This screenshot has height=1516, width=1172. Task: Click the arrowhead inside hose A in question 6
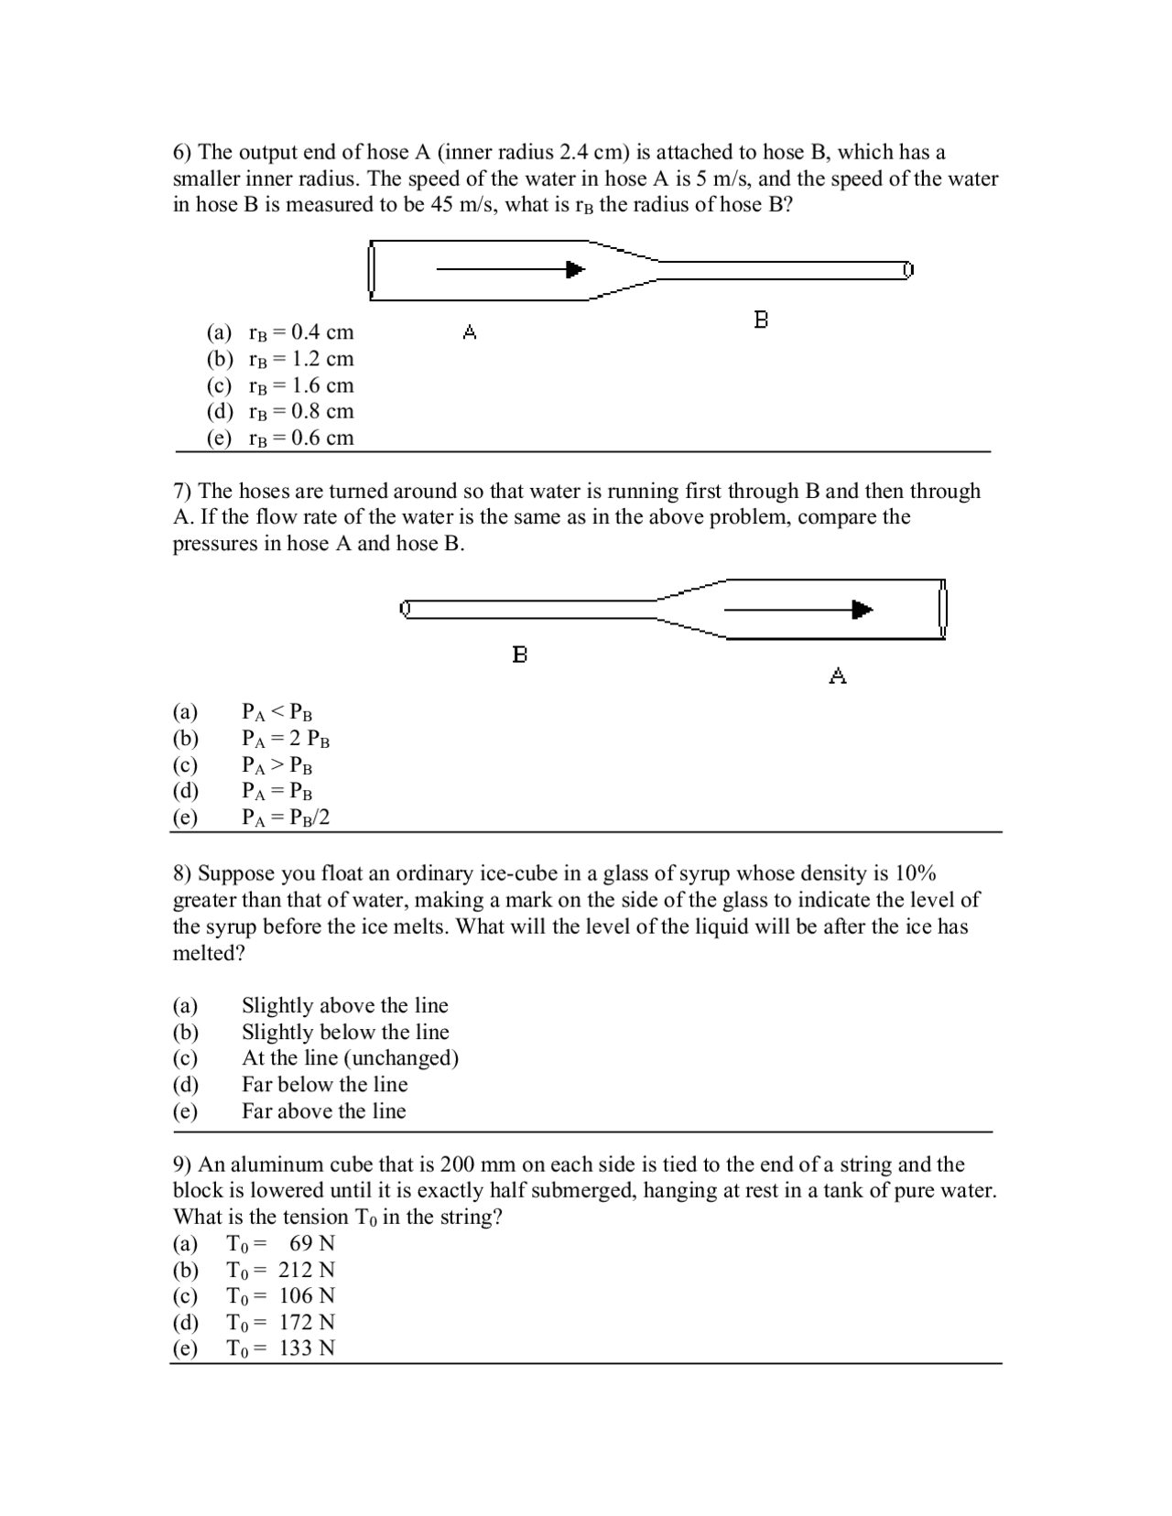575,269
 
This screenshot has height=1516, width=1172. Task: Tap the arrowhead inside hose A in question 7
862,610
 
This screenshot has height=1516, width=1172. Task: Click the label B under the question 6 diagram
761,319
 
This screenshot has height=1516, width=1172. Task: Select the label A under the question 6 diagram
470,331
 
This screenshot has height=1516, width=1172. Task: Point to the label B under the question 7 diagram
520,655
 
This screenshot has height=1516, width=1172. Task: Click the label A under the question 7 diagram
838,676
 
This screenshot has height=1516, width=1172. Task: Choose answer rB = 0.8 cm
300,411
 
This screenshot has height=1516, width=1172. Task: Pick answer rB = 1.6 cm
300,385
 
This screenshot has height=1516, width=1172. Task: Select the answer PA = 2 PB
285,739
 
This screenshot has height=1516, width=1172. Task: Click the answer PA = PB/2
285,818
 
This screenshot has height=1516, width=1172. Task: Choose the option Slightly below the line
345,1032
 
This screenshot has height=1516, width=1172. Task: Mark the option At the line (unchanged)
350,1058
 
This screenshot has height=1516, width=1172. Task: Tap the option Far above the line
323,1111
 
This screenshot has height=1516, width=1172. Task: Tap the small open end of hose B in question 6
908,269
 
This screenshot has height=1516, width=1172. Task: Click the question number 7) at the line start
182,492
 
